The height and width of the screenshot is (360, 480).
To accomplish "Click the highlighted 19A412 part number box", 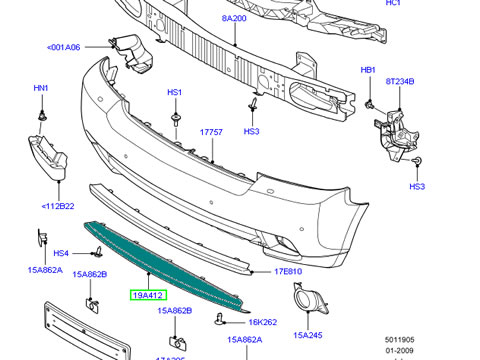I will [148, 296].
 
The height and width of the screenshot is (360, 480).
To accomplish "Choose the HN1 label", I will [41, 88].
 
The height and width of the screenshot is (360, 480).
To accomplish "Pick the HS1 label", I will [175, 93].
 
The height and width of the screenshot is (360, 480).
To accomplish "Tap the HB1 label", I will [368, 71].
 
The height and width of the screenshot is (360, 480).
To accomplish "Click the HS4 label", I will [61, 254].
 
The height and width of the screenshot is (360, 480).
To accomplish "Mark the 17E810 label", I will [290, 271].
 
